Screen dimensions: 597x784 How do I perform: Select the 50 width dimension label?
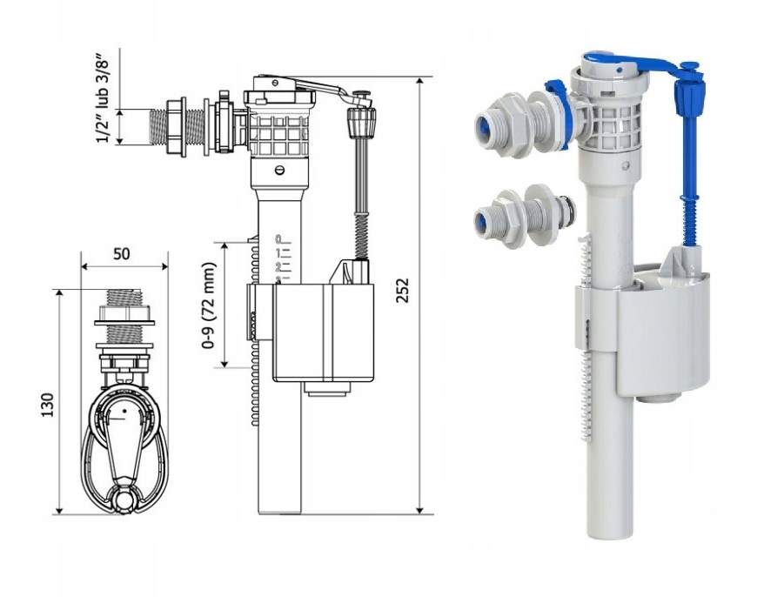[x=122, y=253]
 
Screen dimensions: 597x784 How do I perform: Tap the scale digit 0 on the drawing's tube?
[x=278, y=238]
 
